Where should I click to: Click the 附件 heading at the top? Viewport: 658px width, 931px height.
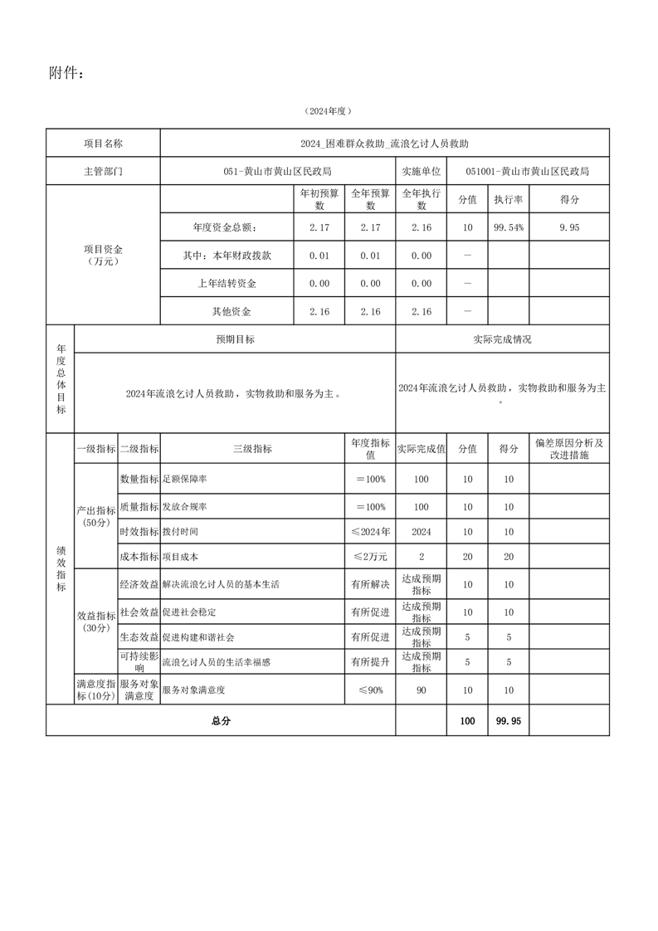click(66, 74)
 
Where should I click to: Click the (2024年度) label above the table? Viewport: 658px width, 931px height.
click(329, 110)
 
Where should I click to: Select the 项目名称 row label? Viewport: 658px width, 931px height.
click(103, 144)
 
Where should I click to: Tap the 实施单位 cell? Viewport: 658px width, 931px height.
click(421, 172)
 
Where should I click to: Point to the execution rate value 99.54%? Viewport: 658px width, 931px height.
click(508, 227)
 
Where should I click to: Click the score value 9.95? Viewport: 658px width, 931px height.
click(569, 227)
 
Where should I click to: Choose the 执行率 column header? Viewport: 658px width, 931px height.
click(508, 200)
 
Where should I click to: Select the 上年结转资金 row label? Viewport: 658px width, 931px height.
click(227, 284)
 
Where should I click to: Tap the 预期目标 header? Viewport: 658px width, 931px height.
click(235, 339)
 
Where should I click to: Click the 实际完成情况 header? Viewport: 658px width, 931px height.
click(502, 339)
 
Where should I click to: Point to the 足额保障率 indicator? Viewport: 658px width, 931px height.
click(185, 480)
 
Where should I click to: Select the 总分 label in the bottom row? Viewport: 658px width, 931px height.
click(221, 721)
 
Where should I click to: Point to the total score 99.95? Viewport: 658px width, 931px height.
click(508, 721)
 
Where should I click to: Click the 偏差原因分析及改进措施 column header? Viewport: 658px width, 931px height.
click(569, 449)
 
